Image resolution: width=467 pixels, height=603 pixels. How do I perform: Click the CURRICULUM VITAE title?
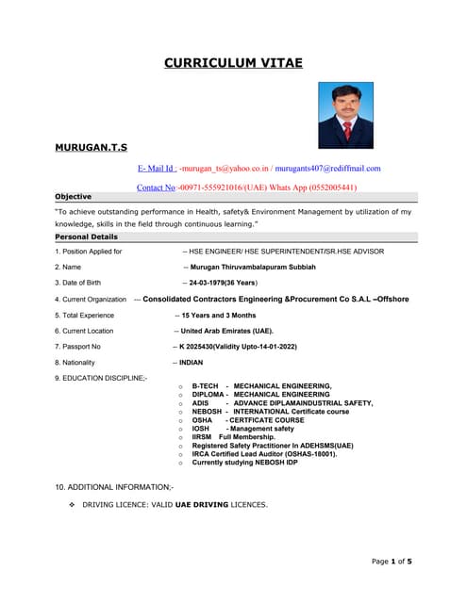pyautogui.click(x=233, y=62)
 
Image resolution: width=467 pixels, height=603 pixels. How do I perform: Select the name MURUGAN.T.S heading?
pyautogui.click(x=91, y=148)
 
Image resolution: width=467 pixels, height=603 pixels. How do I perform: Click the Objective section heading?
pyautogui.click(x=74, y=197)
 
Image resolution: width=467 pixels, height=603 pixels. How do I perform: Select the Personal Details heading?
pyautogui.click(x=86, y=236)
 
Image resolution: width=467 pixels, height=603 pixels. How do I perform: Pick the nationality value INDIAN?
pyautogui.click(x=191, y=362)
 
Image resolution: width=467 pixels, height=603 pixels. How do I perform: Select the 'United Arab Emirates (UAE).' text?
pyautogui.click(x=227, y=331)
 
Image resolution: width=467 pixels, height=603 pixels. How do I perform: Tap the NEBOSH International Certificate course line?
pyautogui.click(x=270, y=412)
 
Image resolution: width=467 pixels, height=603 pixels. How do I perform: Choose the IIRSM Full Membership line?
pyautogui.click(x=233, y=437)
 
